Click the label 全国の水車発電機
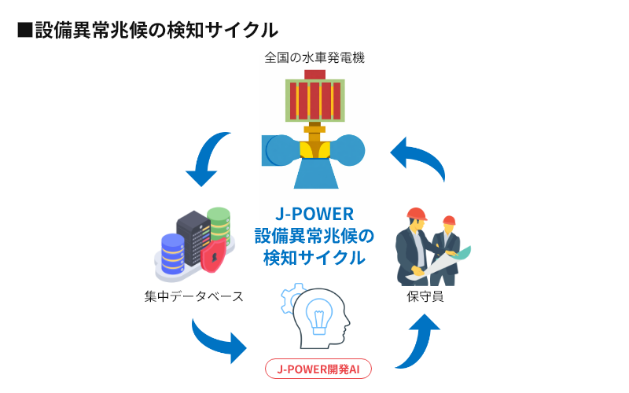[x=314, y=57]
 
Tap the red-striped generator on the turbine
[x=314, y=100]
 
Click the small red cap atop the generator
[x=314, y=74]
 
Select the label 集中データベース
[x=194, y=296]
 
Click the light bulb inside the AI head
[x=319, y=314]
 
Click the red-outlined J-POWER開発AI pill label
[x=318, y=369]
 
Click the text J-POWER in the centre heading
[x=314, y=215]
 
